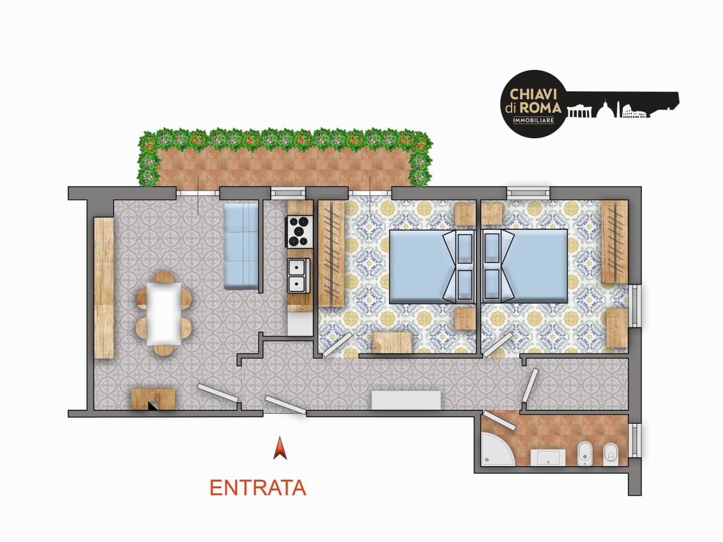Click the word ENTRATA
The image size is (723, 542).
pyautogui.click(x=258, y=488)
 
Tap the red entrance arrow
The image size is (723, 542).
pyautogui.click(x=280, y=448)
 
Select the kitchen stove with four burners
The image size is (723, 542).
pyautogui.click(x=300, y=232)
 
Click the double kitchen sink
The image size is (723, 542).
pyautogui.click(x=298, y=276)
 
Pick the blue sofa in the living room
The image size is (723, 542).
pyautogui.click(x=241, y=246)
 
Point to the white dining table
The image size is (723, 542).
pyautogui.click(x=164, y=314)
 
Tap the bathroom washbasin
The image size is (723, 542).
pyautogui.click(x=548, y=458)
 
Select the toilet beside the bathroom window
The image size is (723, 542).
pyautogui.click(x=611, y=454)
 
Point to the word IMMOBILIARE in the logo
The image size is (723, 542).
pyautogui.click(x=533, y=121)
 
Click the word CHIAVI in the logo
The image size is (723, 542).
pyautogui.click(x=533, y=94)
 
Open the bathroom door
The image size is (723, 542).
pyautogui.click(x=499, y=420)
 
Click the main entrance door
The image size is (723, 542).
pyautogui.click(x=286, y=405)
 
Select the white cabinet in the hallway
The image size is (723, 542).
pyautogui.click(x=406, y=400)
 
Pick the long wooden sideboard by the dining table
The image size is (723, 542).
pyautogui.click(x=104, y=288)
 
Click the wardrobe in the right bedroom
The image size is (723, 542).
pyautogui.click(x=615, y=242)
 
